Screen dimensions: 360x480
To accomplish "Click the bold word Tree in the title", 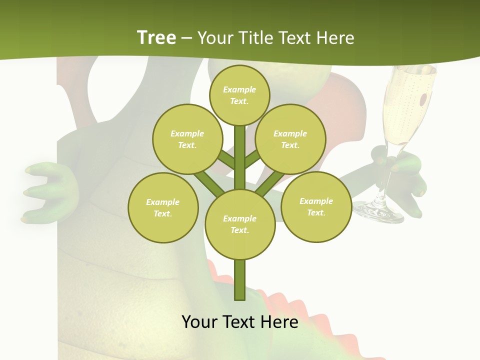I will click(156, 38).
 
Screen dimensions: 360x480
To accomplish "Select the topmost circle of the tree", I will click(239, 95).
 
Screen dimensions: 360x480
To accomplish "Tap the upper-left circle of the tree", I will click(187, 139).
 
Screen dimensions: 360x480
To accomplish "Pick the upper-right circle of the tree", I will click(290, 139).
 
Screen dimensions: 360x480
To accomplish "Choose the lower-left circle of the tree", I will click(163, 207).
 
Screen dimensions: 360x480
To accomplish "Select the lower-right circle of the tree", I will click(316, 206).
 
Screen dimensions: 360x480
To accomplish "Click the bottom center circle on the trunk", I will click(240, 224).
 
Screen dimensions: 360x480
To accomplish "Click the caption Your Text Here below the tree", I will click(240, 322).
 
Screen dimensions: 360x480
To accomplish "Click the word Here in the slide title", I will click(334, 38).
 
